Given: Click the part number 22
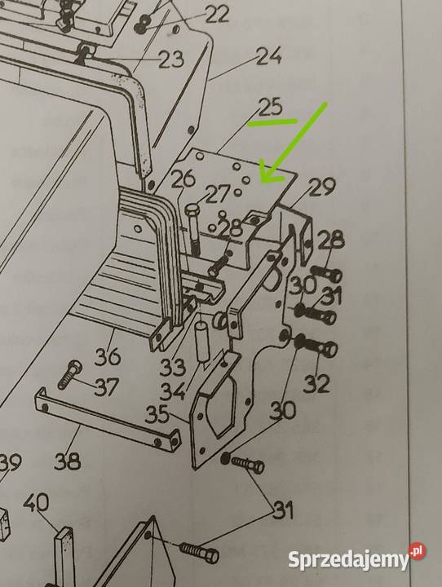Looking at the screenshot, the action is click(x=216, y=15).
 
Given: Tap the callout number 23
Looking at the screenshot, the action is click(x=171, y=60).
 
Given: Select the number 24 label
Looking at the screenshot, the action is click(x=269, y=56).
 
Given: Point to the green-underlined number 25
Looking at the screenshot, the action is click(x=270, y=108).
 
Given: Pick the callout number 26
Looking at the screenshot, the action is click(x=183, y=179).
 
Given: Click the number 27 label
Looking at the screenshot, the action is click(x=217, y=195).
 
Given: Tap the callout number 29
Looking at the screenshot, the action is click(x=322, y=188).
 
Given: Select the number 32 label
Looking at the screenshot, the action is click(x=316, y=384).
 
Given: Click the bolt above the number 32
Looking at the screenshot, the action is click(x=316, y=346).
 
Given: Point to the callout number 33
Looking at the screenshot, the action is click(x=173, y=368).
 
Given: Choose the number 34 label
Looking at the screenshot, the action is click(x=173, y=391).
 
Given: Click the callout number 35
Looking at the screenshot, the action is click(x=157, y=415).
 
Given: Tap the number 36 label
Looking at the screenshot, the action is click(x=108, y=356).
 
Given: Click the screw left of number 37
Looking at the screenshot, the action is click(x=69, y=374).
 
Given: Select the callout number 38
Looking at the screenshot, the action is click(x=68, y=461).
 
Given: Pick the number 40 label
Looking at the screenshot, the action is click(x=36, y=502).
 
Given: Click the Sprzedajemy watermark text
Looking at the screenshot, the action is click(x=349, y=560).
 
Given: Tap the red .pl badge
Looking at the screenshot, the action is click(x=418, y=551).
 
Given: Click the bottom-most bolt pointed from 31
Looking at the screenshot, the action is click(x=199, y=552).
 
